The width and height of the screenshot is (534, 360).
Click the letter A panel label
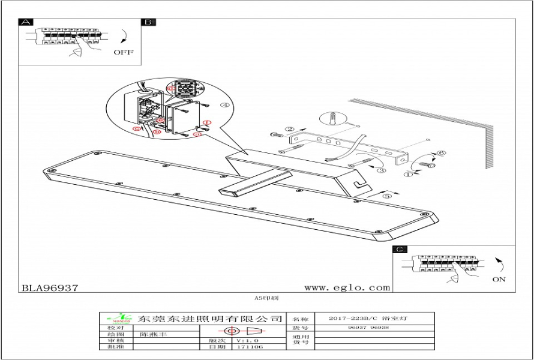[x=26, y=22]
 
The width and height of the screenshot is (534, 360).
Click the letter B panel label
[x=148, y=22]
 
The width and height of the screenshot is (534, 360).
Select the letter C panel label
[x=400, y=250]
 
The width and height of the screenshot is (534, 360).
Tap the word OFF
[x=124, y=52]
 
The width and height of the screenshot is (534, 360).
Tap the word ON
[x=499, y=279]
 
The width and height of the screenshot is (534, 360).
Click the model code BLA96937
[x=50, y=287]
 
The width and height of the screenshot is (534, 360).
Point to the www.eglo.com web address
[x=347, y=287]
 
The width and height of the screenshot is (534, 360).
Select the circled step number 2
[x=289, y=128]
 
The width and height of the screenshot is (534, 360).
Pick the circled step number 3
[x=380, y=170]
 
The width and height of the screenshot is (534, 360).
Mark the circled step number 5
[x=387, y=196]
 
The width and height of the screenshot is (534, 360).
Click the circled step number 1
[x=409, y=175]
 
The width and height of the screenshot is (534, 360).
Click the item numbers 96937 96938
[x=368, y=328]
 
